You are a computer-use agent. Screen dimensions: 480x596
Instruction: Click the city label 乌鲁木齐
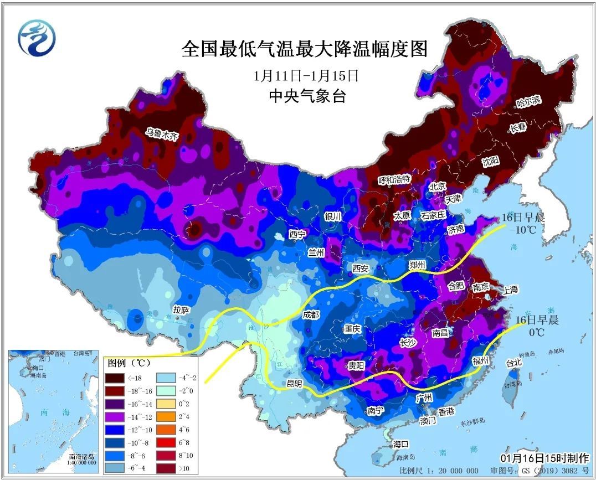[163, 133]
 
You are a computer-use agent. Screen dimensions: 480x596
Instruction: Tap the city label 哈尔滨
[528, 101]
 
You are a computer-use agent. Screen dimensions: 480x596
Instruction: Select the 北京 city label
[437, 187]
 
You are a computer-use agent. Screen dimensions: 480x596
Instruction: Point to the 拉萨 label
[181, 309]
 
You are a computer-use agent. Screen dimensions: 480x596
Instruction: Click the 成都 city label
[311, 314]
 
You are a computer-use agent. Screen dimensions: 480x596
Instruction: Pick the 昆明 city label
[295, 383]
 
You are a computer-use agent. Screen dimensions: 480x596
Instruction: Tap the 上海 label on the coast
[510, 290]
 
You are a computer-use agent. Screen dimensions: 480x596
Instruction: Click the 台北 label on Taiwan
[513, 363]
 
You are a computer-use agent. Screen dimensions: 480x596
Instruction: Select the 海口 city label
[400, 444]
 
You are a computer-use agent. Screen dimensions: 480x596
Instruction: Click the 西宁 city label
[297, 234]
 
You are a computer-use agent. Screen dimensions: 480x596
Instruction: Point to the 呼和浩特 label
[394, 179]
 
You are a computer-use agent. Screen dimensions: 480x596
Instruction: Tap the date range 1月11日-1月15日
[306, 75]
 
